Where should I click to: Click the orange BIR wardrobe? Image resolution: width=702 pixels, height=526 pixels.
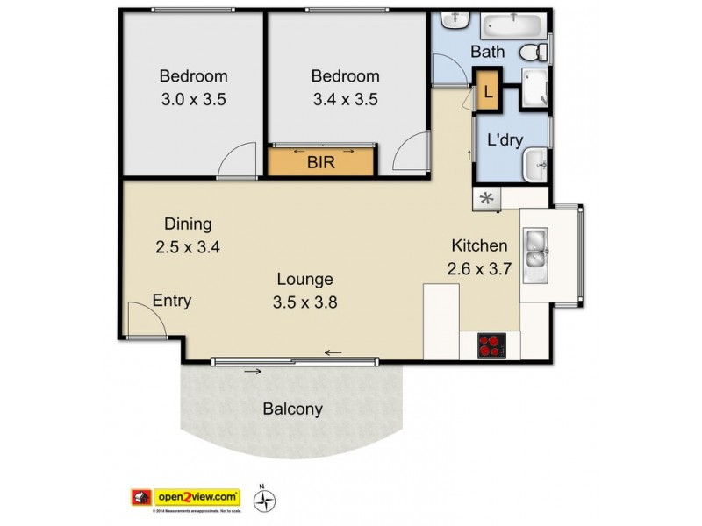coord(321,162)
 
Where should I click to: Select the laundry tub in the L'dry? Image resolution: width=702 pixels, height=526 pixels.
coord(534,164)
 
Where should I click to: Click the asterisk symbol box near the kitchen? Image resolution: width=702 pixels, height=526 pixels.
coord(487,199)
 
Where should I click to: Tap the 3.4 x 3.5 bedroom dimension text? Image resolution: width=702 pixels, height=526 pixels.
coord(345,99)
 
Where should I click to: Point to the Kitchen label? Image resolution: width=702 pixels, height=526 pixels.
coord(479,245)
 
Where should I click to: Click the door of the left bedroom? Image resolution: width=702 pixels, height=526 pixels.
coord(233,162)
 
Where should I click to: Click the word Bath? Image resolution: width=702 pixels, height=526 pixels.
coord(487,53)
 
